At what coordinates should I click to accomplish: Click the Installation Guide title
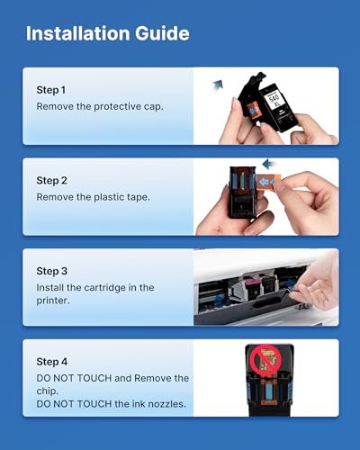click(x=108, y=33)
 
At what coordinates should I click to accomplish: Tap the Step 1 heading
click(x=51, y=90)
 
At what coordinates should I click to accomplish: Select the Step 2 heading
click(x=51, y=181)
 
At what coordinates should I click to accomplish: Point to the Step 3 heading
click(x=51, y=271)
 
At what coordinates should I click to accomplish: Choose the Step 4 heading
click(x=51, y=362)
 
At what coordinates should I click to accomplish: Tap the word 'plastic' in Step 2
click(x=108, y=197)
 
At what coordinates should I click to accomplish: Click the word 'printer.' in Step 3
click(x=53, y=301)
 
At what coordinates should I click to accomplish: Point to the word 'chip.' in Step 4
click(x=48, y=391)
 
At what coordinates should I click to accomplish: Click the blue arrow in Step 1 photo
click(x=218, y=85)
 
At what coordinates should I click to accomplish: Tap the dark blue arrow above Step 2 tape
click(x=269, y=164)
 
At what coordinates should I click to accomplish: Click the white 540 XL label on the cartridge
click(x=274, y=99)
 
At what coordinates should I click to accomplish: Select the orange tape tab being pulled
click(x=269, y=183)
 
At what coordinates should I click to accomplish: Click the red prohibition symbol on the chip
click(x=265, y=359)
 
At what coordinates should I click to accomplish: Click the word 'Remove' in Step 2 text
click(x=55, y=197)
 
